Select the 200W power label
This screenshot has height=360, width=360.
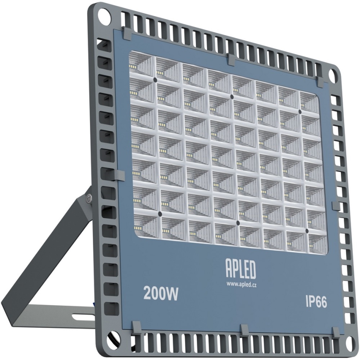click(161, 294)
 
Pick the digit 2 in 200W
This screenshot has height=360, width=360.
click(148, 294)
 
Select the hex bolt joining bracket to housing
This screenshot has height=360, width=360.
click(88, 198)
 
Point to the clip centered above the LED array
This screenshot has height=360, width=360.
click(231, 59)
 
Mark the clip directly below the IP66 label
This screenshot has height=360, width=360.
click(335, 332)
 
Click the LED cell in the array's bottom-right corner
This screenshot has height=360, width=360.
click(317, 243)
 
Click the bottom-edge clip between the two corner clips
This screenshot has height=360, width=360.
click(245, 330)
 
